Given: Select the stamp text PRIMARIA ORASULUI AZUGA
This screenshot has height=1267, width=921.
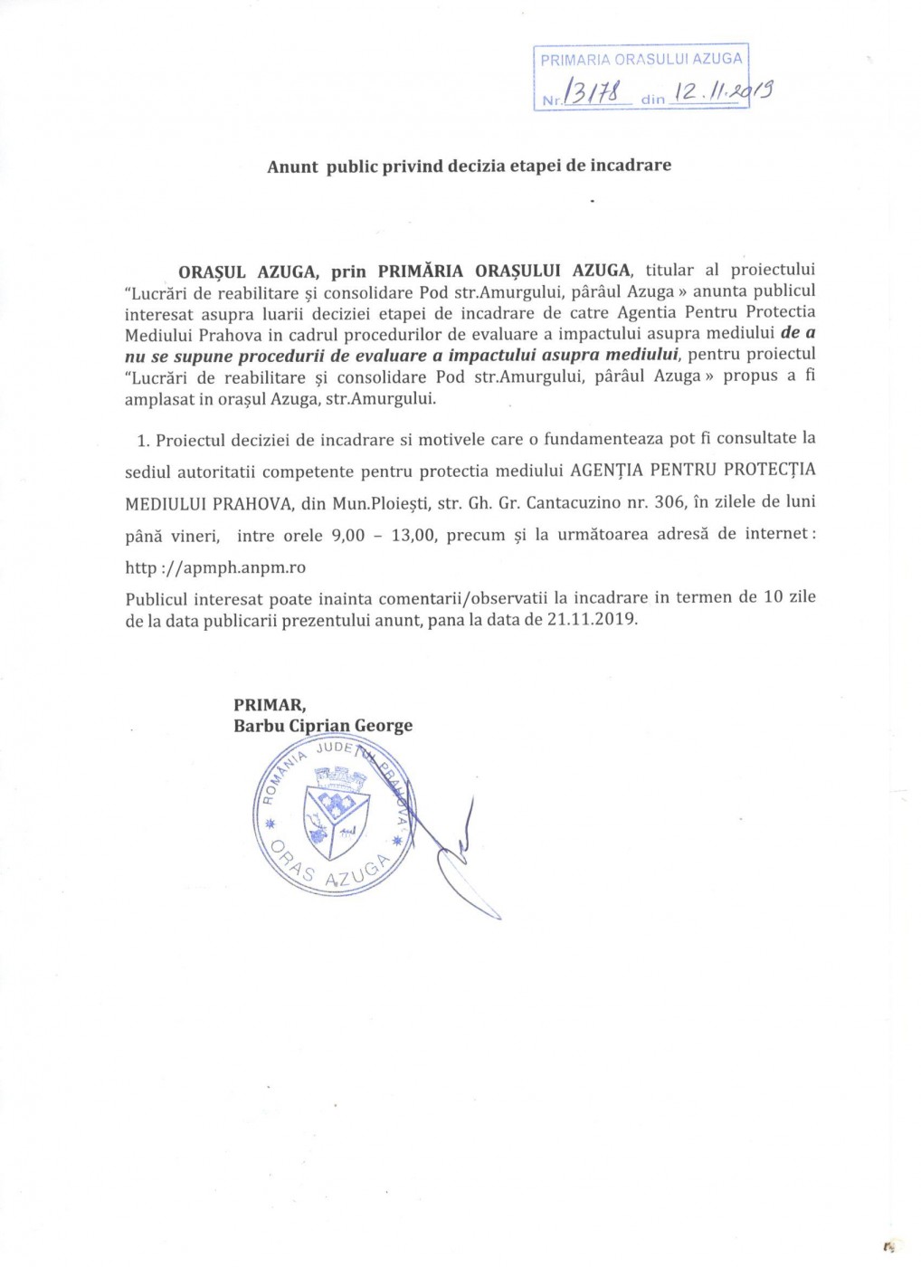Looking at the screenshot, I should [641, 60].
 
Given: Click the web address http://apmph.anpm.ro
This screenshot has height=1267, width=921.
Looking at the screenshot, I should [215, 567].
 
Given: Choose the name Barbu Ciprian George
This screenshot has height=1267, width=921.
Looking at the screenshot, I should [323, 726].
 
